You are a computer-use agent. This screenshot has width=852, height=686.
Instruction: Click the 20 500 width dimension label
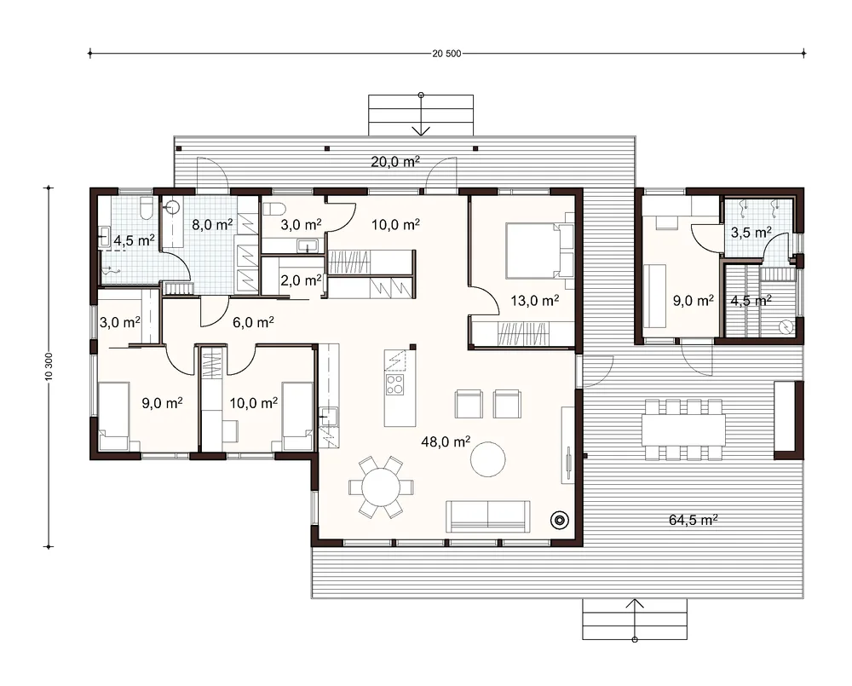click(446, 54)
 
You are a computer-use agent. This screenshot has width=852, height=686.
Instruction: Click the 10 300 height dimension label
click(49, 367)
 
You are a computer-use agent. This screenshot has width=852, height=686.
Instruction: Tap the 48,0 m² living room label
click(446, 441)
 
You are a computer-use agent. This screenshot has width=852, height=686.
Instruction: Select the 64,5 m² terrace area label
click(693, 520)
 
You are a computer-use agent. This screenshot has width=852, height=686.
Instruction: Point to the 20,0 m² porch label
click(395, 161)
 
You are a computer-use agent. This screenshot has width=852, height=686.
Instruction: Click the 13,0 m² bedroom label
click(535, 300)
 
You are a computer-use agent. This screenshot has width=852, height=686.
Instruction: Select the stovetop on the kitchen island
click(394, 383)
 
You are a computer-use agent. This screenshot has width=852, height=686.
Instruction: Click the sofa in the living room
click(488, 516)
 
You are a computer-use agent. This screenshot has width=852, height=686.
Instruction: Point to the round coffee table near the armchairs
click(488, 459)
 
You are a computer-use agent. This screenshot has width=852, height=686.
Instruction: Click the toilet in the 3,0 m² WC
click(273, 210)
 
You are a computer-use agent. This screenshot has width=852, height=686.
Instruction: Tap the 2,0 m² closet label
click(301, 280)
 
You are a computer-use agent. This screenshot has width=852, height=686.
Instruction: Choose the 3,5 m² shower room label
click(751, 233)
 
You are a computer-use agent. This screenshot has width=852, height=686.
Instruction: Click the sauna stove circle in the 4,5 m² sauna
click(786, 326)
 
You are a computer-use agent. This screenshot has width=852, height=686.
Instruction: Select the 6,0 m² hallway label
click(253, 322)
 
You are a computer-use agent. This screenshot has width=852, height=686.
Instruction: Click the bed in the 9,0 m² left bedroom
click(114, 416)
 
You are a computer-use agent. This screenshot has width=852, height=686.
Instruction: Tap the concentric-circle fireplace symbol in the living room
click(559, 520)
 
